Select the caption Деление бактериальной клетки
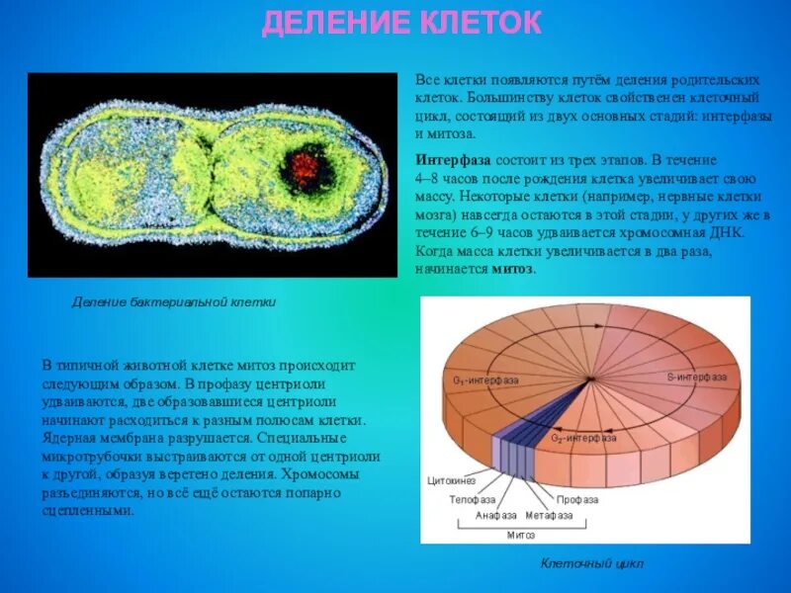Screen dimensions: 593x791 coord(174,302)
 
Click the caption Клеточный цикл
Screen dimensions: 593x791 coord(591,563)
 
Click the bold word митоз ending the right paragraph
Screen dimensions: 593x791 coord(514,269)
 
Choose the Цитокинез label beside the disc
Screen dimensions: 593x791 coord(451,480)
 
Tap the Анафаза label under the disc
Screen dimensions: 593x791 coord(496,515)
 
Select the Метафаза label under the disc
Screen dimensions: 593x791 coord(550,515)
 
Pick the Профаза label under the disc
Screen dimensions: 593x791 coord(576,499)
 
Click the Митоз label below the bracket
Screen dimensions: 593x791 coord(521,535)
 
